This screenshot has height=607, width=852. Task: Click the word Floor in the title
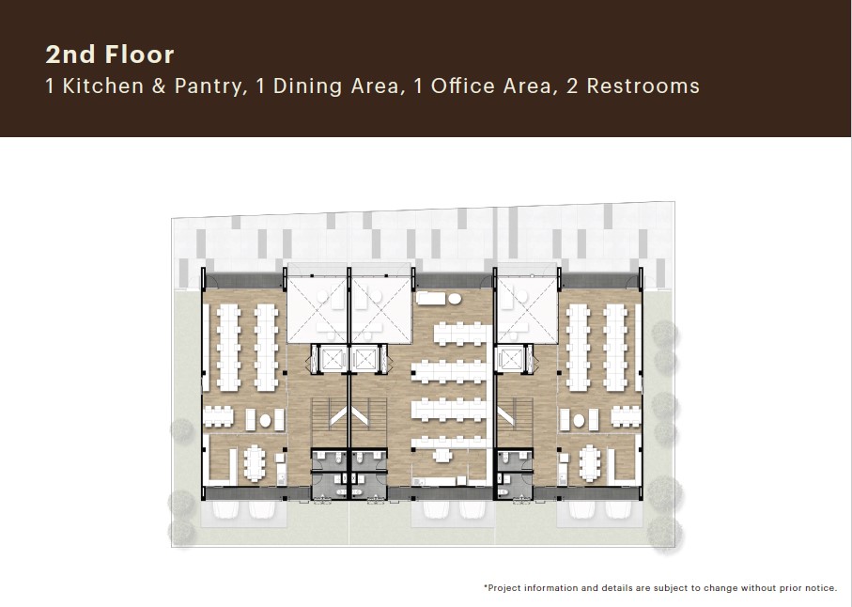coord(139,55)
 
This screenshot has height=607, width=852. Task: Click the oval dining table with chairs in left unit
coord(254,460)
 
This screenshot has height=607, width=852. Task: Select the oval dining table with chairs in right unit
coord(590,460)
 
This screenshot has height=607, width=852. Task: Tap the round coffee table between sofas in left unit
coord(265,420)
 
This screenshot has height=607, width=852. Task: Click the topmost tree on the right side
coord(665,335)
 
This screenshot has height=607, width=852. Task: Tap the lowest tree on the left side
coord(181,531)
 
